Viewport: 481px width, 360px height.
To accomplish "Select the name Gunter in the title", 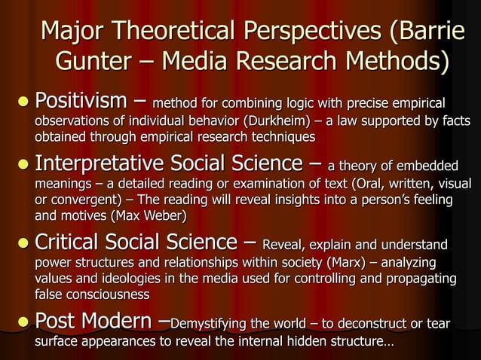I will [x=100, y=60].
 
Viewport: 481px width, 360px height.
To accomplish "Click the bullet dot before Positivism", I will [x=23, y=101].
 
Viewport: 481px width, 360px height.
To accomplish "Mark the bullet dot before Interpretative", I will [x=23, y=164].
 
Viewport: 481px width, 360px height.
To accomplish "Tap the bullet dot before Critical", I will [x=23, y=243].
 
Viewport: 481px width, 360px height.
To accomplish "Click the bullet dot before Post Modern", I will [x=23, y=322].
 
